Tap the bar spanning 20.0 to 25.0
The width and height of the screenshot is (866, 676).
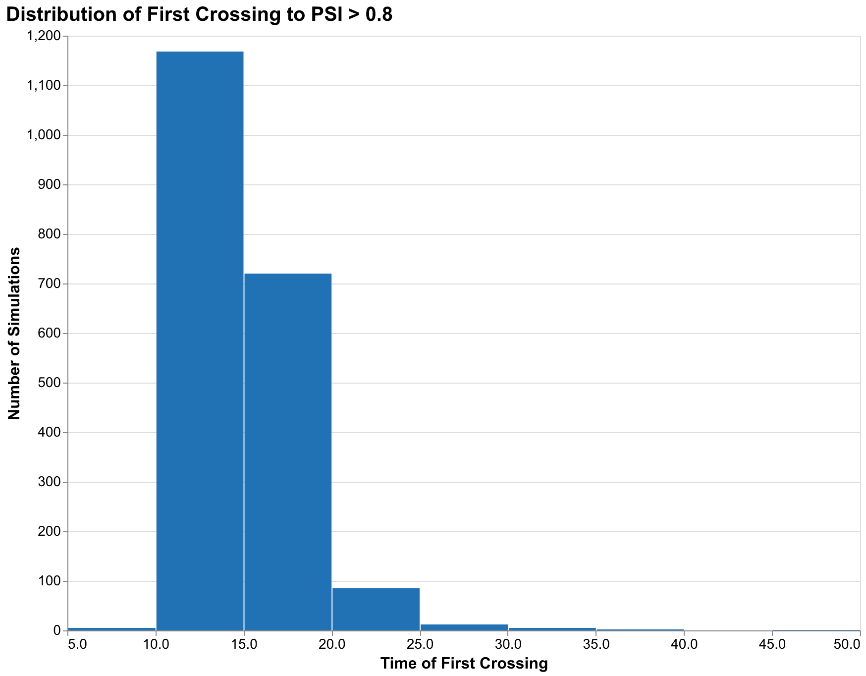coord(376,609)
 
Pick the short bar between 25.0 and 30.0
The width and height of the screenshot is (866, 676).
coord(464,627)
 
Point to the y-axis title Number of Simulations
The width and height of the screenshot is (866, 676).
coord(15,333)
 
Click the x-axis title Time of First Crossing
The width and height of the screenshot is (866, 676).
coord(464,664)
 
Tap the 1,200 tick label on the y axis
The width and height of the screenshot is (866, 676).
coord(47,36)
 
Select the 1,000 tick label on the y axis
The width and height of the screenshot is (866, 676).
coord(47,135)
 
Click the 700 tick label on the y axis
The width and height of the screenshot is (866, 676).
coord(52,284)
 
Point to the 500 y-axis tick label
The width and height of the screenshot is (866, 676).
coord(52,383)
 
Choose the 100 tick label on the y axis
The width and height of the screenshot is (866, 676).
coord(52,581)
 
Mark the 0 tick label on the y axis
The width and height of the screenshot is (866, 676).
coord(57,631)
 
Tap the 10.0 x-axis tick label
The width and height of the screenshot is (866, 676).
coord(156,644)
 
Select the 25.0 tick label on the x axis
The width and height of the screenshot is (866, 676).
coord(420,644)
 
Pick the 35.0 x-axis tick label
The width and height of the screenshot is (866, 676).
coord(596,644)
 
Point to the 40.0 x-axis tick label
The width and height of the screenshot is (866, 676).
coord(684,644)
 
